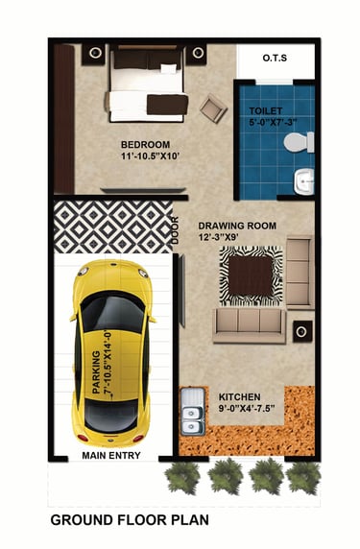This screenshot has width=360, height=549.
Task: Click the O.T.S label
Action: (x=275, y=58)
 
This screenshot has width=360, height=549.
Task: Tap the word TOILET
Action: (x=266, y=111)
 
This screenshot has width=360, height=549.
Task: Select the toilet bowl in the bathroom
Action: (x=299, y=142)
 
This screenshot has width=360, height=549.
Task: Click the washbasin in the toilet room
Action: (x=304, y=181)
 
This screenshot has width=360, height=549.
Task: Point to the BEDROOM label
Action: (x=145, y=145)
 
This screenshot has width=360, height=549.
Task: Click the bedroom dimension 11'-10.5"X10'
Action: (x=150, y=156)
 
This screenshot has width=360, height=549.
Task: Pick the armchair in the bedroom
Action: (x=213, y=108)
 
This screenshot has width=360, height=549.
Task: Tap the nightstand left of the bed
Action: (x=94, y=54)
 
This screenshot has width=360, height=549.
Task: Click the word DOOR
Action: (x=175, y=230)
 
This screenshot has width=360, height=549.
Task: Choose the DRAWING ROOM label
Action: (x=237, y=226)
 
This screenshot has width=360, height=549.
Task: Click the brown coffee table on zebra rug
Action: (x=251, y=275)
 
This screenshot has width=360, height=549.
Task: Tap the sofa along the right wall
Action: (x=300, y=273)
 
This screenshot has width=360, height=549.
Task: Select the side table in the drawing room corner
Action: (x=302, y=331)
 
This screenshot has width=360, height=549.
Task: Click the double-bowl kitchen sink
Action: (x=193, y=411)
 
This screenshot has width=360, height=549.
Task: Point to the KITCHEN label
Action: (x=240, y=397)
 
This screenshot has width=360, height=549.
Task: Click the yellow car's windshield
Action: (x=112, y=312)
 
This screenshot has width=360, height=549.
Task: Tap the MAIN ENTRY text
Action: (x=111, y=456)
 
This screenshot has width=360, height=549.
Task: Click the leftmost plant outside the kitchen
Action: (x=182, y=477)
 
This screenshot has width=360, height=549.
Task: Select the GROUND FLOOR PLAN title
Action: (x=130, y=520)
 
